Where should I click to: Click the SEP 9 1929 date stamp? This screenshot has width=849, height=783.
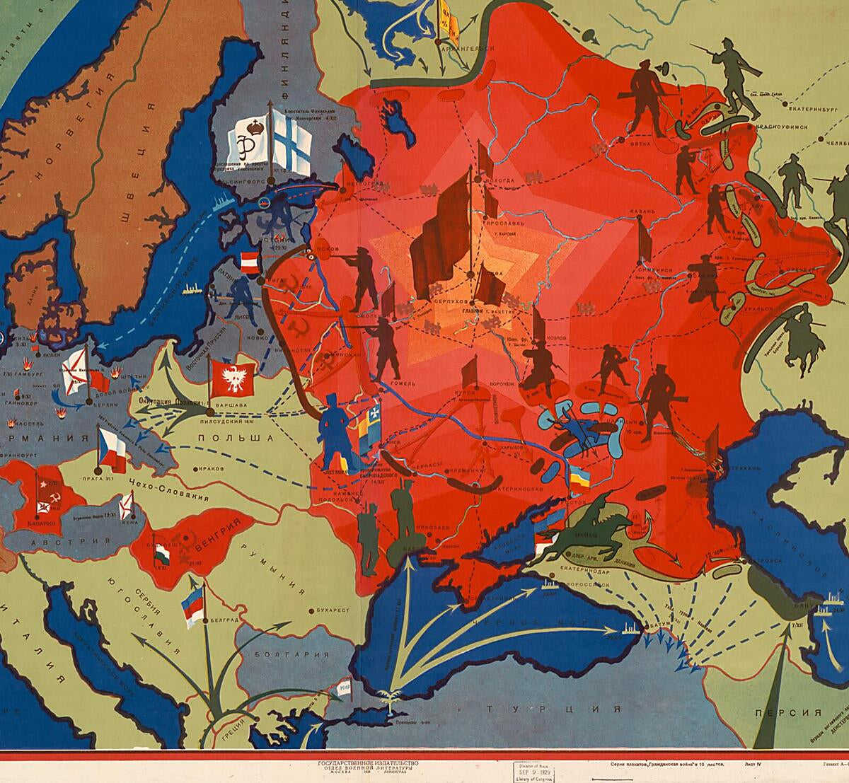click(x=535, y=770)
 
